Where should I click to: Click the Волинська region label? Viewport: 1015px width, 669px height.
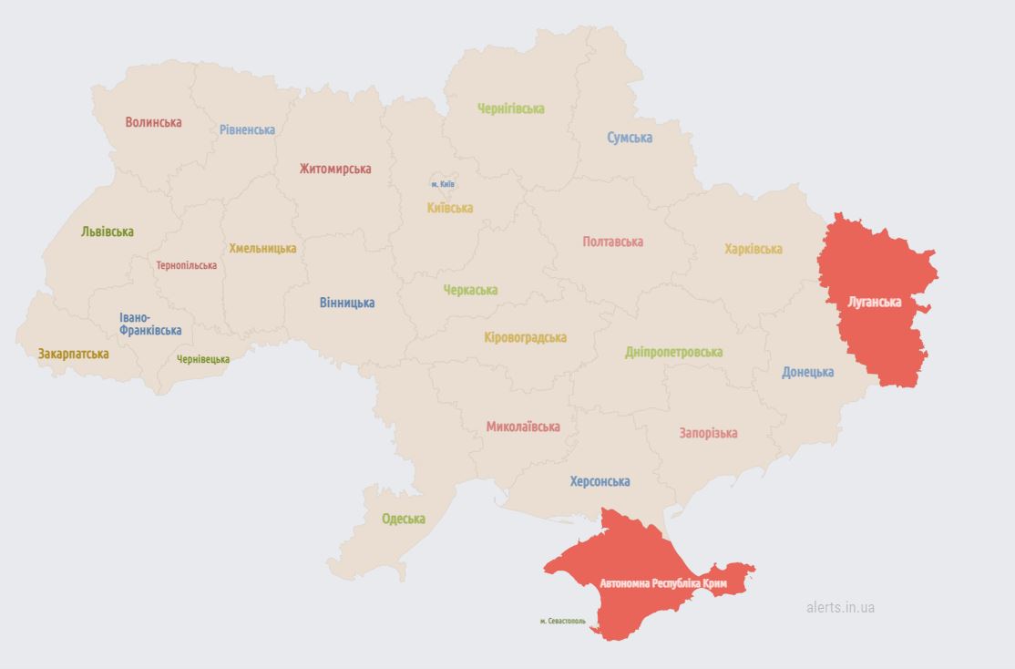[x=153, y=122]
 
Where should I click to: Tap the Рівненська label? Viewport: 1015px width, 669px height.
[x=247, y=129]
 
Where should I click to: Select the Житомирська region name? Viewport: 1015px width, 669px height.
[x=335, y=169]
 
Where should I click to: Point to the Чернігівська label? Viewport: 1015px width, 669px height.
[x=511, y=108]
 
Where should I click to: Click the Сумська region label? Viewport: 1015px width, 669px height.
[x=630, y=138]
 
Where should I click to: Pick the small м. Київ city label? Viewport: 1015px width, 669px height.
[x=443, y=184]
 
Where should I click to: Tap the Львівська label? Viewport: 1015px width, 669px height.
[x=108, y=232]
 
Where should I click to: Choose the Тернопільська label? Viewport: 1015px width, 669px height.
[x=187, y=265]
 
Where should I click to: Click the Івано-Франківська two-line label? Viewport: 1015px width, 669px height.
[x=149, y=324]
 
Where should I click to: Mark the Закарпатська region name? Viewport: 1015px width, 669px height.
[x=73, y=354]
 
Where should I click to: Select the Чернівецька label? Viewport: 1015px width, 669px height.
[x=203, y=359]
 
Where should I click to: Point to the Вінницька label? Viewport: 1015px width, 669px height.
[x=347, y=303]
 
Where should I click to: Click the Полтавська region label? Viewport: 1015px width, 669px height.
[x=613, y=242]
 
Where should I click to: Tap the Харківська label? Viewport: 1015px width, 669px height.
[x=754, y=249]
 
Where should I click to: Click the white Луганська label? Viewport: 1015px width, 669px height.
[x=874, y=302]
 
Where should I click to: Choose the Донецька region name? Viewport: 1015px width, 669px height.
[x=808, y=372]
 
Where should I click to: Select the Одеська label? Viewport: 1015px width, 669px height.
[x=404, y=519]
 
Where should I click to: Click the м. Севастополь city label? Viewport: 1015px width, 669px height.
[x=563, y=622]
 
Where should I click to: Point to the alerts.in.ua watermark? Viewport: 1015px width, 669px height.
[x=840, y=607]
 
